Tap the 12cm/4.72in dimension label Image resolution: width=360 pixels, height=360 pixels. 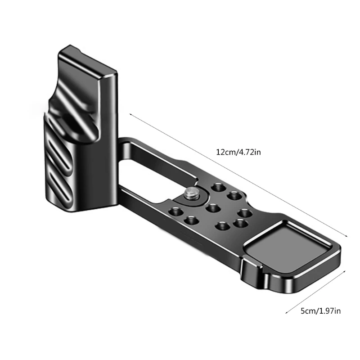(x=238, y=152)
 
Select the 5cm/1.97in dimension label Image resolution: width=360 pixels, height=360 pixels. (x=320, y=311)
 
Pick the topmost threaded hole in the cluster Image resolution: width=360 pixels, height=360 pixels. (x=219, y=187)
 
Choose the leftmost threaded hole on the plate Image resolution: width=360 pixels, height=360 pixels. (x=175, y=211)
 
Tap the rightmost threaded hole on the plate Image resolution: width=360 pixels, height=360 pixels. (x=245, y=213)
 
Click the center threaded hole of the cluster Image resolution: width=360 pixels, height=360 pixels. (x=212, y=208)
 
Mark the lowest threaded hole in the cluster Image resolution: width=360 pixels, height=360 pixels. (x=222, y=226)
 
